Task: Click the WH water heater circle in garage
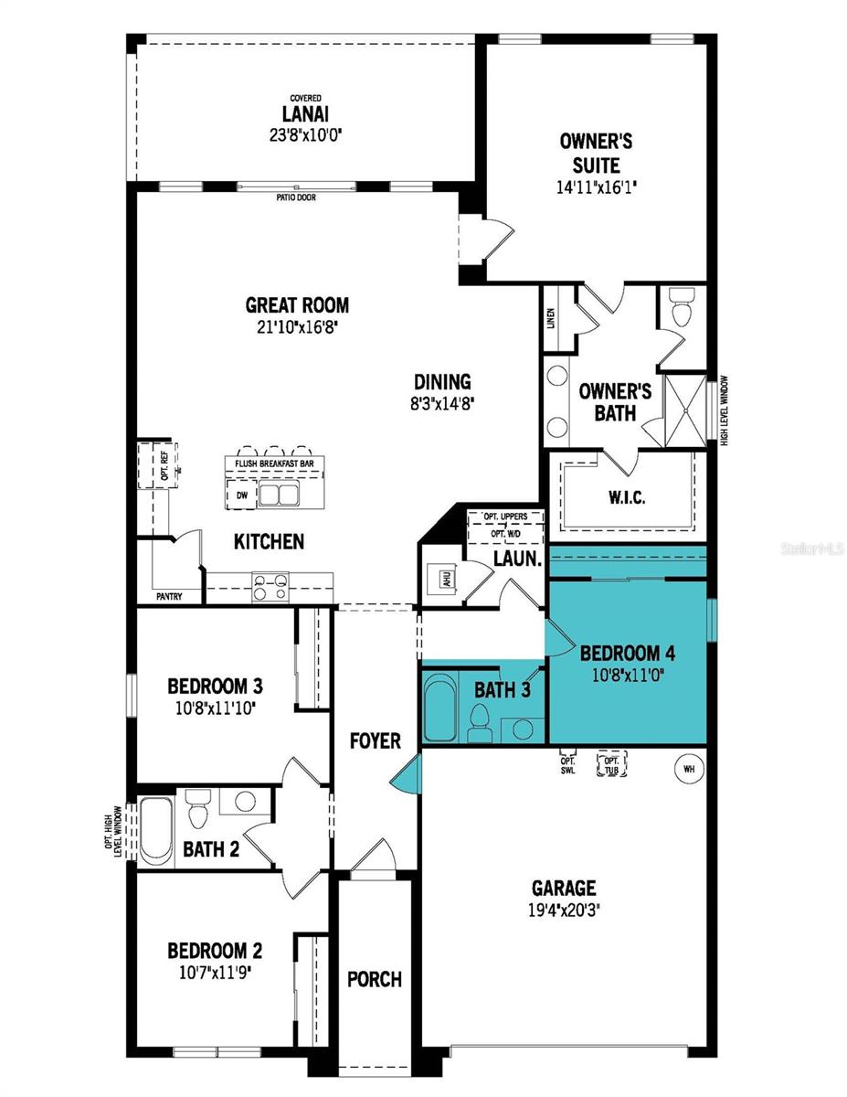[x=689, y=769]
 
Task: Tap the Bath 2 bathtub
[x=156, y=830]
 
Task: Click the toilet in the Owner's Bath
[x=682, y=309]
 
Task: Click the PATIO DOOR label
[x=294, y=197]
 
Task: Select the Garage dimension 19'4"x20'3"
[x=565, y=910]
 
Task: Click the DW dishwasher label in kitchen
[x=242, y=495]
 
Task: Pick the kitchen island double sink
[x=281, y=495]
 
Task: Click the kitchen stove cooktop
[x=270, y=586]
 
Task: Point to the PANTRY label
[x=169, y=597]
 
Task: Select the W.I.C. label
[x=626, y=498]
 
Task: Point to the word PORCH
[x=374, y=979]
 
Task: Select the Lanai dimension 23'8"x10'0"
[x=305, y=133]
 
